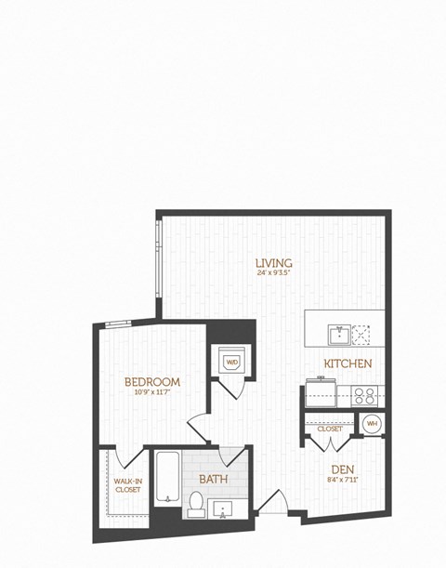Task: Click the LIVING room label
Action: [x=275, y=262]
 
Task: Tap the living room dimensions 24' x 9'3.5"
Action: [x=275, y=273]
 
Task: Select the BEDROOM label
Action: [x=152, y=381]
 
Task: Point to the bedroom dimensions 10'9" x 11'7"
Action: [x=152, y=392]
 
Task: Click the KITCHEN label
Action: [x=348, y=363]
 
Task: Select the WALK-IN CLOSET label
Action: [x=128, y=485]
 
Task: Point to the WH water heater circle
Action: [x=373, y=424]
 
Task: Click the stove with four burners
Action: [x=365, y=394]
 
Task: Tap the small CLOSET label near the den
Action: [x=329, y=429]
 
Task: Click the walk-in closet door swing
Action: [x=133, y=457]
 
